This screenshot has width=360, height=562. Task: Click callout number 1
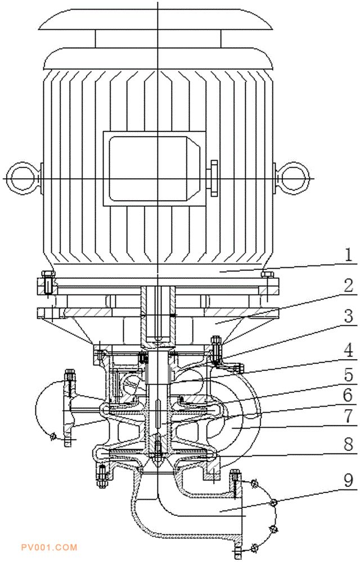click(348, 256)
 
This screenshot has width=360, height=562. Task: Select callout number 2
click(348, 286)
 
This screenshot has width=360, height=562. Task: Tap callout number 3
click(348, 316)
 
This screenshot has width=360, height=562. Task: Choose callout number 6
click(348, 395)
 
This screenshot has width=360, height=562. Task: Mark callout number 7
click(348, 416)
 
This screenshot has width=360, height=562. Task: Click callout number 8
click(348, 445)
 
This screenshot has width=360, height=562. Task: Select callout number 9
click(348, 481)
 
